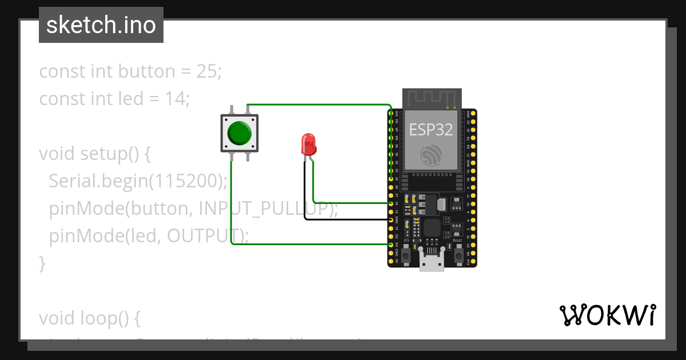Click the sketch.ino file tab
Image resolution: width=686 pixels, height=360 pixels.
tap(101, 25)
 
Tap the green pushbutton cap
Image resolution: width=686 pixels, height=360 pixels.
tap(239, 133)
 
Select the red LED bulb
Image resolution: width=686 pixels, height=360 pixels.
tap(308, 143)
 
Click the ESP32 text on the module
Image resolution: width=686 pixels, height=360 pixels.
tap(431, 130)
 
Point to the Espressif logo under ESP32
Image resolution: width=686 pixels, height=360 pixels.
tap(431, 155)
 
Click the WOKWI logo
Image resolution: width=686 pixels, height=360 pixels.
tap(607, 315)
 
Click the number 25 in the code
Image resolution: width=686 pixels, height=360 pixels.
tap(207, 71)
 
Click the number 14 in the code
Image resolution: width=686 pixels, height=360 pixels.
tap(174, 99)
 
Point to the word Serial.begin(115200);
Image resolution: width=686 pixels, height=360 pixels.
tap(138, 181)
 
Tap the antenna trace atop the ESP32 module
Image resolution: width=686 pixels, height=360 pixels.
tap(432, 98)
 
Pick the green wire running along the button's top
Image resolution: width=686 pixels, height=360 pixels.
tap(320, 105)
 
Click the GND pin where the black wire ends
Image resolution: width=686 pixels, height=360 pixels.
tap(392, 219)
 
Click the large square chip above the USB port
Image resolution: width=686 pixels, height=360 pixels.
tap(432, 228)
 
